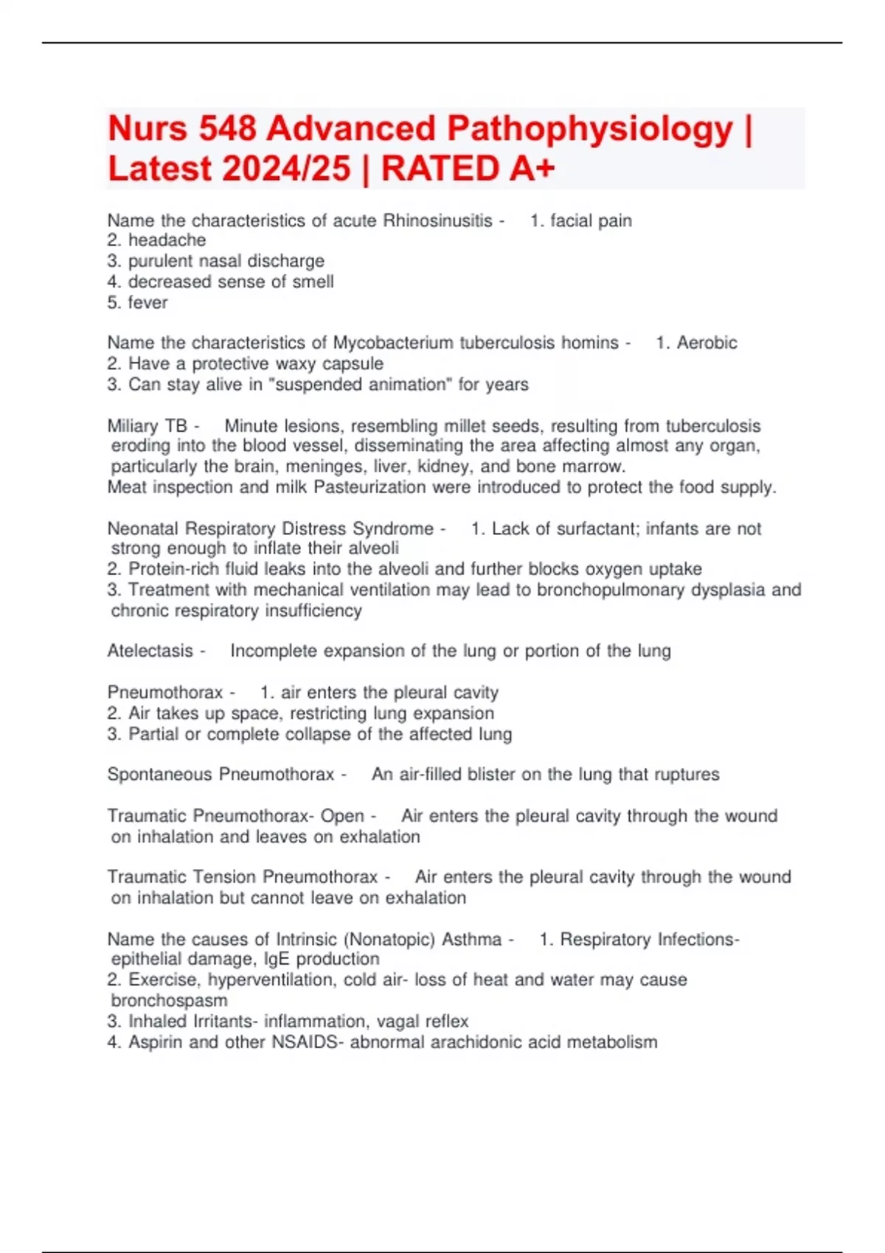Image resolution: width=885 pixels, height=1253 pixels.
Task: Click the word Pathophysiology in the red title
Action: pyautogui.click(x=591, y=130)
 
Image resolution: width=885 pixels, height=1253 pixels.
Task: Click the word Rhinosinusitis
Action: pyautogui.click(x=437, y=220)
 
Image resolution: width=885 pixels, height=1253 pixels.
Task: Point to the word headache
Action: pyautogui.click(x=167, y=240)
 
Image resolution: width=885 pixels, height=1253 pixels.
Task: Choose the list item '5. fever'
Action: pyautogui.click(x=138, y=302)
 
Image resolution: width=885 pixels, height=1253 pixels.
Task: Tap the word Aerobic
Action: pyautogui.click(x=707, y=343)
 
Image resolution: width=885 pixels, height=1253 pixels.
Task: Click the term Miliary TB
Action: pyautogui.click(x=147, y=426)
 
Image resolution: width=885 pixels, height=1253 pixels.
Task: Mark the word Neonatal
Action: pyautogui.click(x=143, y=528)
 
